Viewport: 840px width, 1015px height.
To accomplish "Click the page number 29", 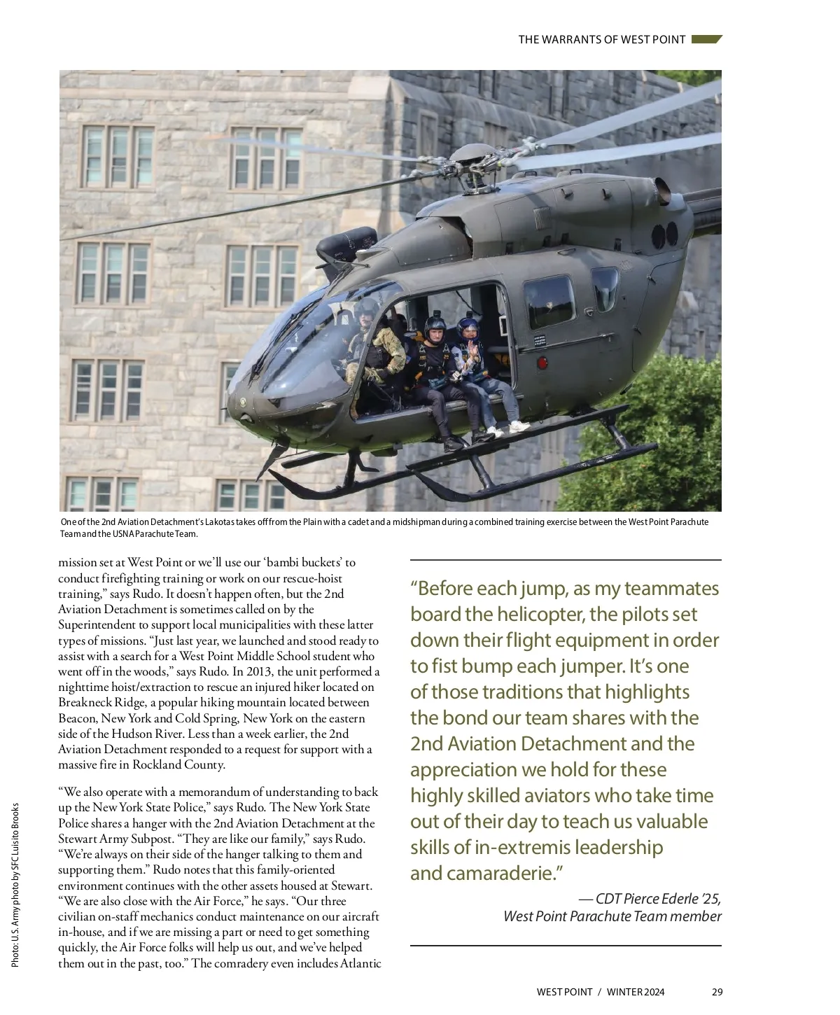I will pyautogui.click(x=717, y=992).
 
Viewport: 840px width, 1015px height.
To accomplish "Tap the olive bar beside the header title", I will pyautogui.click(x=706, y=40).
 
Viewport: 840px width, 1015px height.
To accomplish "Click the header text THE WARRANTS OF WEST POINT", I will pyautogui.click(x=601, y=40).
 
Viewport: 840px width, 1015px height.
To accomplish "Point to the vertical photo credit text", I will pyautogui.click(x=15, y=885).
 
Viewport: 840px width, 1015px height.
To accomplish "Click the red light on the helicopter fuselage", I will pyautogui.click(x=540, y=363).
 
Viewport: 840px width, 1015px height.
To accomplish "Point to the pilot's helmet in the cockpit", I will pyautogui.click(x=365, y=310).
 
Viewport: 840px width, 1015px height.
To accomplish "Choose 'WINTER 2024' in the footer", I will pyautogui.click(x=636, y=992).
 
